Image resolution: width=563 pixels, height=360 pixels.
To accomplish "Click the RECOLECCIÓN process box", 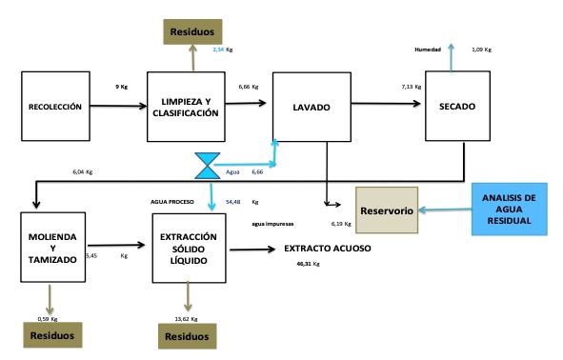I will coord(53,107).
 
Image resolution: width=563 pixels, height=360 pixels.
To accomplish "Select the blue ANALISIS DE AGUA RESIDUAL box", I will coord(511,209).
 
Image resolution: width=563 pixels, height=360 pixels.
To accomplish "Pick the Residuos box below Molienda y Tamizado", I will coord(53,336).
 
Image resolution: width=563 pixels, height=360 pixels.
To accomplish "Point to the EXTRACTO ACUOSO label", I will coord(328,249).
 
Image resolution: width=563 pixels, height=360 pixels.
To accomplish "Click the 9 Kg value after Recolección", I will coord(122,85).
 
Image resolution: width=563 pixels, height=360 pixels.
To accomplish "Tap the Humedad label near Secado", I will coord(428,50).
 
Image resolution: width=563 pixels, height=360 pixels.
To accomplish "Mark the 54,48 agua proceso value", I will coord(233,202).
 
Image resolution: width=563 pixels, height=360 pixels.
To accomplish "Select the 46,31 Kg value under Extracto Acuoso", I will coord(309,263).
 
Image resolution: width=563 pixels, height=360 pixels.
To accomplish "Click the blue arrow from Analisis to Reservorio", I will coord(446,210).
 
